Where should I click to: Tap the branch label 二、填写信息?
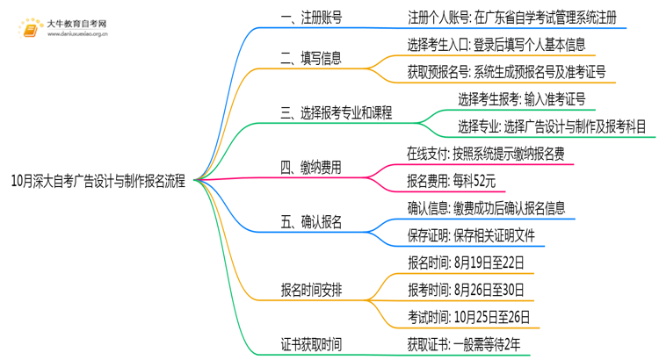(x=311, y=59)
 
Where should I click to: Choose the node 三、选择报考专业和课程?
(x=336, y=112)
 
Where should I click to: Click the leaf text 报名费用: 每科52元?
(x=452, y=182)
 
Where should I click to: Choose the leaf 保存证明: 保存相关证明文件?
(x=470, y=234)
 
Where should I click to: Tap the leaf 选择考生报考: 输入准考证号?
(x=521, y=98)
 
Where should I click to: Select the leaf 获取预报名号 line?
(x=506, y=72)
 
